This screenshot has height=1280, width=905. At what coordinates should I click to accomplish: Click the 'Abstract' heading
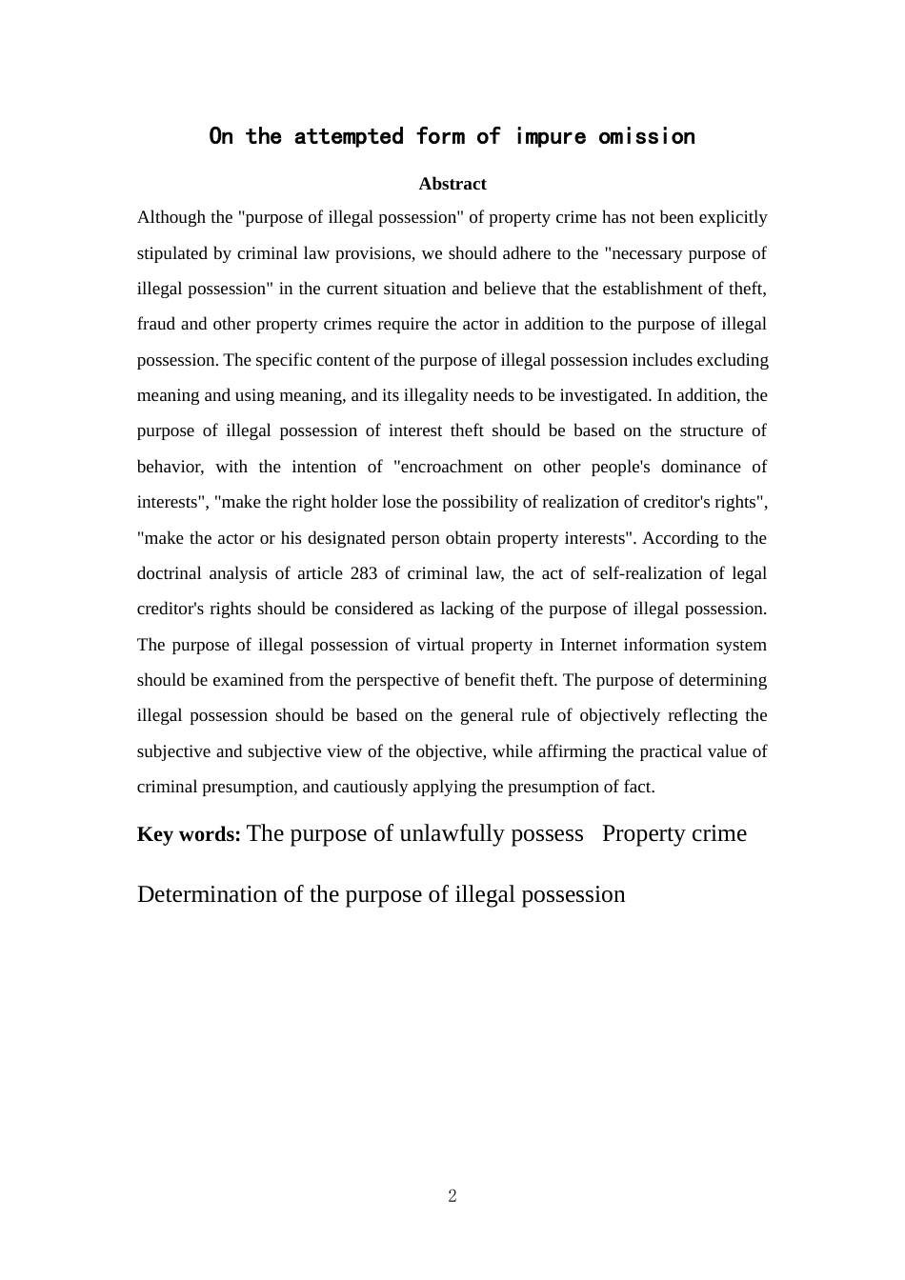(452, 184)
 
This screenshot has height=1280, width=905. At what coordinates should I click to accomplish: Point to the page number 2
(452, 1196)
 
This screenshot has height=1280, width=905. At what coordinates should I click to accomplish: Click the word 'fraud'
(156, 324)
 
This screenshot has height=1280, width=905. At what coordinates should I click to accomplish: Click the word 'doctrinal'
(171, 573)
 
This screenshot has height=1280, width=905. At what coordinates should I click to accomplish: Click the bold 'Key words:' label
(189, 834)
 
